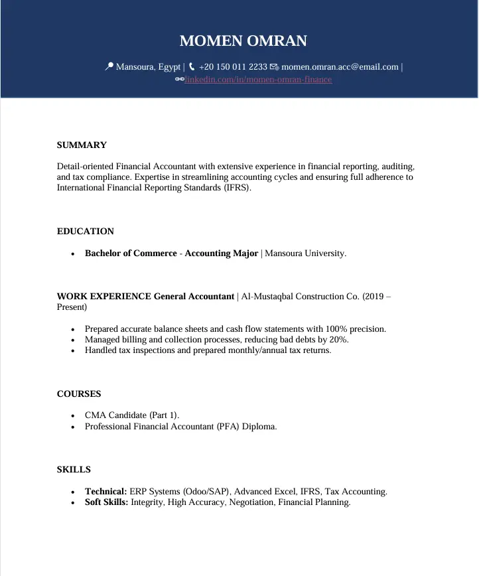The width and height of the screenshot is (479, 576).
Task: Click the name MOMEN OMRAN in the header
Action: pos(243,41)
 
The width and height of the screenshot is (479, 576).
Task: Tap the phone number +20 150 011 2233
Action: pos(233,66)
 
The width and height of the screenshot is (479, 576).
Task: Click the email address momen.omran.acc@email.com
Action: pos(340,66)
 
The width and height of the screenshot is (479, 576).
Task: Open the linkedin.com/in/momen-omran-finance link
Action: pos(258,80)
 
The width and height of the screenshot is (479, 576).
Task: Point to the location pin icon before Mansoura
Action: pos(109,66)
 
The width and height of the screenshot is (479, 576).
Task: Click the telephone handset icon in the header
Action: pos(192,66)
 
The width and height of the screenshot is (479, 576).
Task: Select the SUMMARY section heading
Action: pos(82,145)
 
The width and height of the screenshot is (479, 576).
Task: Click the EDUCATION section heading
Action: pos(86,232)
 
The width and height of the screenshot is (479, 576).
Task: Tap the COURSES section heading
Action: pos(79,394)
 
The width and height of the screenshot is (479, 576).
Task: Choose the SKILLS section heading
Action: pos(74,470)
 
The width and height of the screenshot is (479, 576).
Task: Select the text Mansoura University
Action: pos(305,253)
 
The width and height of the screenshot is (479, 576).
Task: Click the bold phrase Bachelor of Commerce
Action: pos(131,253)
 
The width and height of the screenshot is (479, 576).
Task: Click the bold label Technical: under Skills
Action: pos(105,492)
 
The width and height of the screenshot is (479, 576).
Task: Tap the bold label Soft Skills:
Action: pos(106,502)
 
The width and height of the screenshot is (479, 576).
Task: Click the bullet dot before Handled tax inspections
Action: pos(72,350)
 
